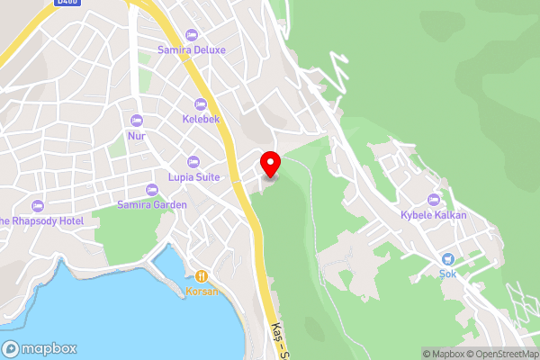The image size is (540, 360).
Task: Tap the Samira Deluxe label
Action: coord(191,50)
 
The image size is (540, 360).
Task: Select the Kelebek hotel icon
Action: coord(201,103)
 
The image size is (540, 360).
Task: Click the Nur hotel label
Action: coord(137,136)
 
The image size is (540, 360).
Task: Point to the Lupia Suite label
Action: coord(193,177)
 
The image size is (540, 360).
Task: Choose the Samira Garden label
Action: coord(152,205)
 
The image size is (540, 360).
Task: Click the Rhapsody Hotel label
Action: coord(42,220)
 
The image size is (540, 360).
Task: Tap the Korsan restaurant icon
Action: coord(202,276)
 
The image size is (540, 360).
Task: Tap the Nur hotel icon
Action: coord(137,121)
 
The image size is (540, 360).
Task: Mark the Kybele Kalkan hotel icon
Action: coord(434,199)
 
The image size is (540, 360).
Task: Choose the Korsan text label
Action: coord(202,292)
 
